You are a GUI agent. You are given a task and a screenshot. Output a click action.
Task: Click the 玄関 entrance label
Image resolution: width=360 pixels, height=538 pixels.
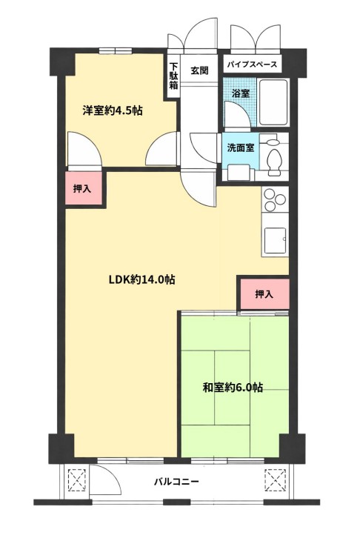pyautogui.click(x=199, y=70)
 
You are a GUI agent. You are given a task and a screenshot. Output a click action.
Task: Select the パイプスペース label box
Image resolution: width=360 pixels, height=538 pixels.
pyautogui.click(x=253, y=64)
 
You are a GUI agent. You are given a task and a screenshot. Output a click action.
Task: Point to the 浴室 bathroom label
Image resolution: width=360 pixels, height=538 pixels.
pyautogui.click(x=240, y=93)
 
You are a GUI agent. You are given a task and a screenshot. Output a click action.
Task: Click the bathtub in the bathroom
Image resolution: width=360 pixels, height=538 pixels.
pyautogui.click(x=273, y=102)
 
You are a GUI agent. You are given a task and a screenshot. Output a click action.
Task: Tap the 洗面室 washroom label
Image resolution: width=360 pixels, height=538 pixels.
pyautogui.click(x=240, y=148)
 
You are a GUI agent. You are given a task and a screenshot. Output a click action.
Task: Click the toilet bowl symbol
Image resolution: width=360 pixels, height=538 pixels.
pyautogui.click(x=275, y=162)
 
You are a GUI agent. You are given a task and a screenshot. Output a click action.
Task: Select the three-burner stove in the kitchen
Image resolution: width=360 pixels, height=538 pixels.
pyautogui.click(x=275, y=199)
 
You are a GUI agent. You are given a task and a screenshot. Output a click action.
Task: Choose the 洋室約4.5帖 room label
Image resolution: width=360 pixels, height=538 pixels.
pyautogui.click(x=113, y=111)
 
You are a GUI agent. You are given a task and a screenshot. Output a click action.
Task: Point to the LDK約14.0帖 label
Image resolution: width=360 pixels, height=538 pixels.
pyautogui.click(x=141, y=280)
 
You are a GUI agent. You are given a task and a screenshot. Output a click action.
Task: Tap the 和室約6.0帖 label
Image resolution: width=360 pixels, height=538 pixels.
pyautogui.click(x=233, y=388)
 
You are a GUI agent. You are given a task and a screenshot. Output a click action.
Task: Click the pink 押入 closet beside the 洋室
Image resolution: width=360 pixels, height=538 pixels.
pyautogui.click(x=83, y=188)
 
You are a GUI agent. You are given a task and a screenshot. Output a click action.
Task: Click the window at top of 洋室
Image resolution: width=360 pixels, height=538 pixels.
pyautogui.click(x=116, y=51)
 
